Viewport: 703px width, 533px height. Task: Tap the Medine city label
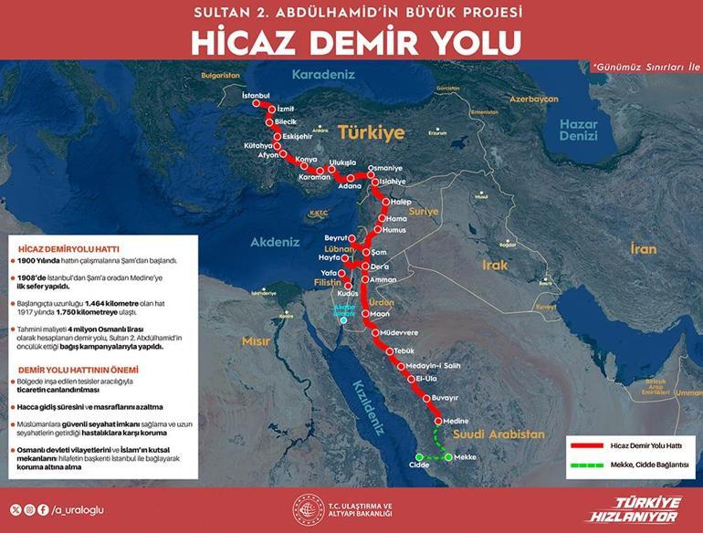tap(456, 421)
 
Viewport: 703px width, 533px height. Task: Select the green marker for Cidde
tap(419, 455)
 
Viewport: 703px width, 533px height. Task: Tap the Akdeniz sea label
tap(277, 242)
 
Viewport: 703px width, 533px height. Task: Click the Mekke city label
tap(466, 456)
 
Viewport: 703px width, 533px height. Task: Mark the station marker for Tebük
tap(389, 352)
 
